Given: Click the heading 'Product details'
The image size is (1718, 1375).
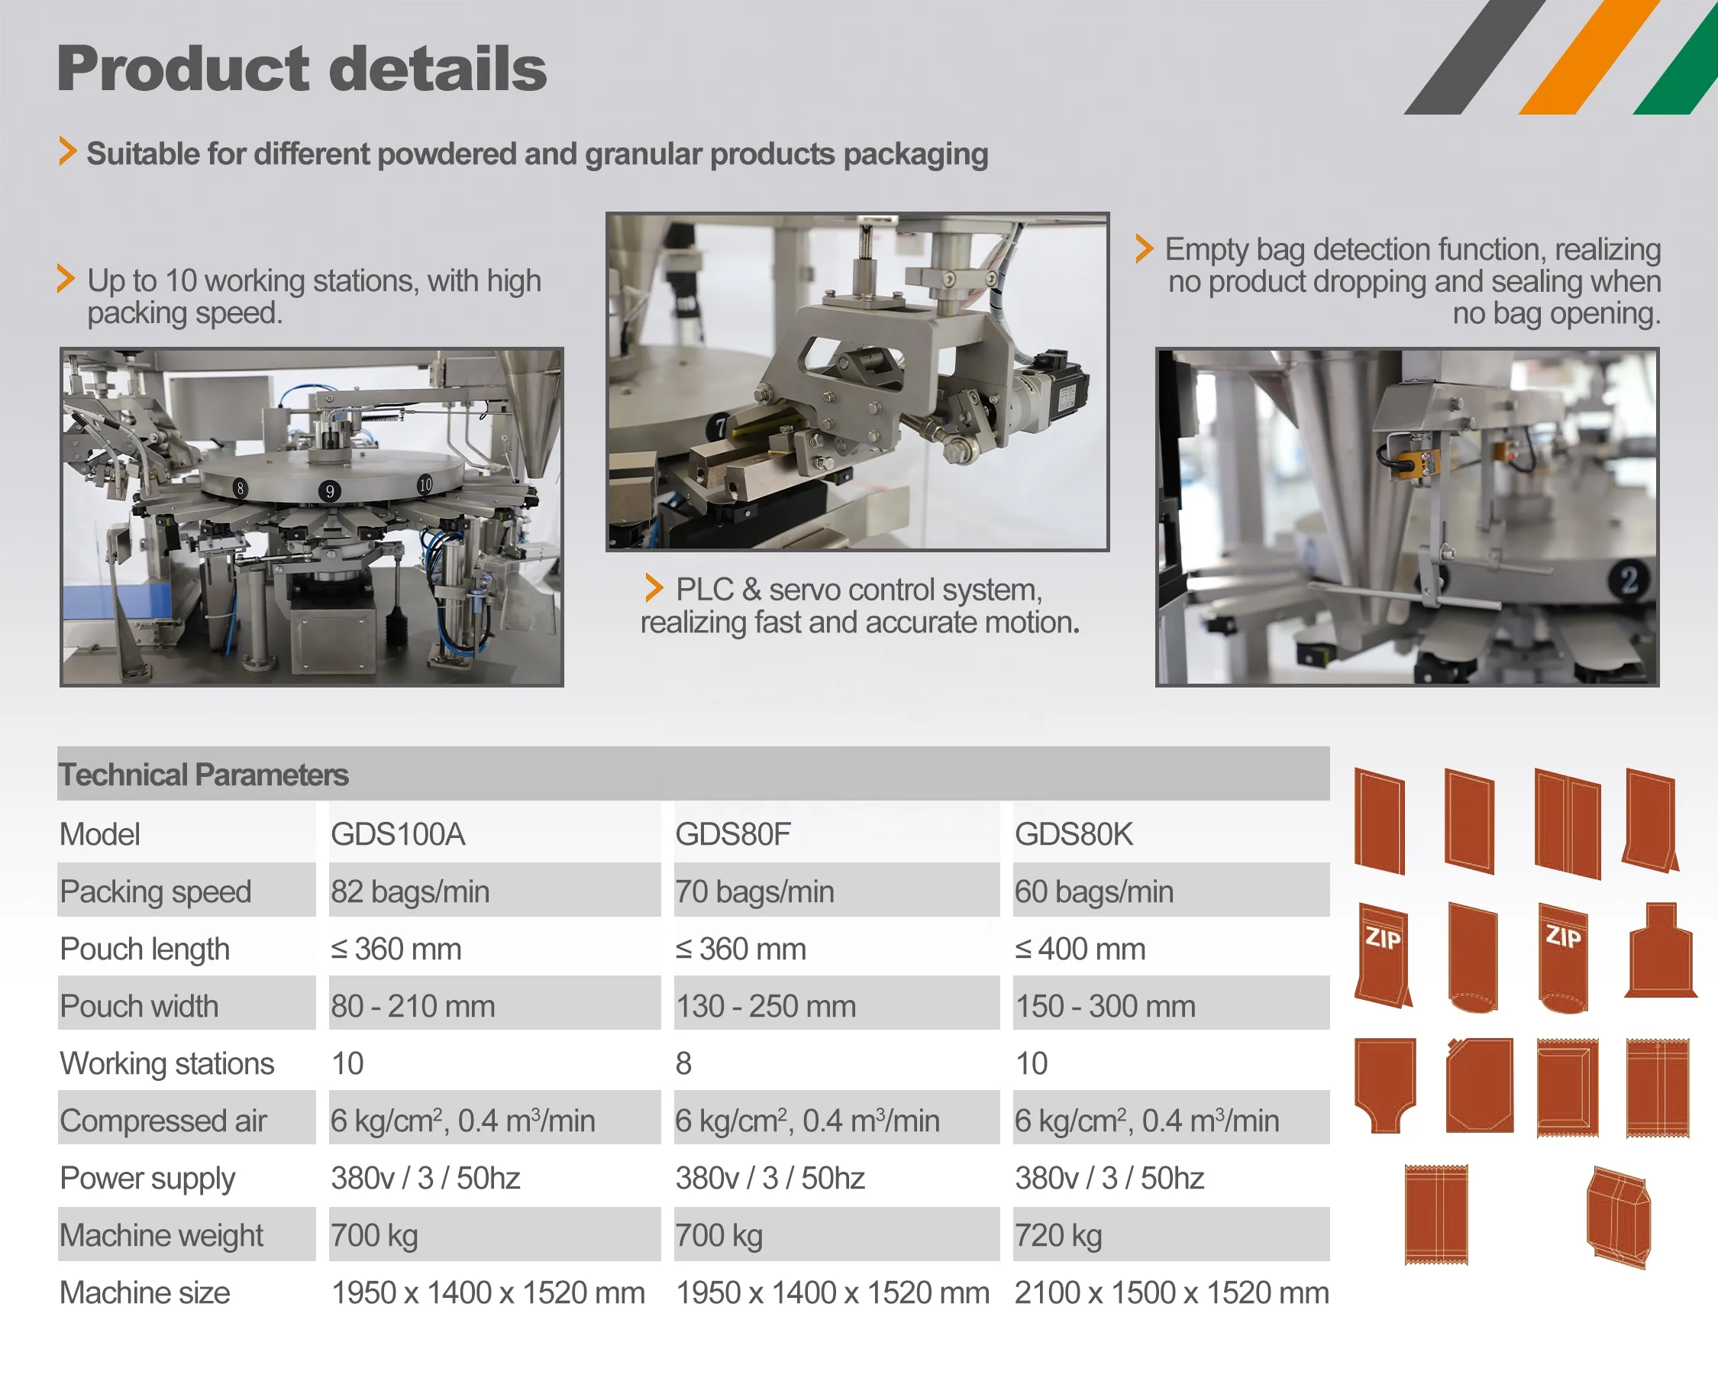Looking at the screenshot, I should pyautogui.click(x=301, y=70).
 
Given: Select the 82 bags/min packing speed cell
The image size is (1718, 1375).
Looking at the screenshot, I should pyautogui.click(x=409, y=891).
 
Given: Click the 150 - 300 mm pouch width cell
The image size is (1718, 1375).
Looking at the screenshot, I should pyautogui.click(x=1104, y=1006).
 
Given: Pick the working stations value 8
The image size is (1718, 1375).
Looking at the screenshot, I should pyautogui.click(x=683, y=1063).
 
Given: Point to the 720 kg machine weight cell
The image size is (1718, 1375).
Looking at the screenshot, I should pyautogui.click(x=1058, y=1235).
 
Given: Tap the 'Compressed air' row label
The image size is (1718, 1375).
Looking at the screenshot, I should pyautogui.click(x=163, y=1121).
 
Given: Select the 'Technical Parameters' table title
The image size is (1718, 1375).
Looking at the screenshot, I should pyautogui.click(x=203, y=775).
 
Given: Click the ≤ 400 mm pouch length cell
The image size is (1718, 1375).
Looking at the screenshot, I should pyautogui.click(x=1080, y=949).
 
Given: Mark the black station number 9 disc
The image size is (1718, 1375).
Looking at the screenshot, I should pyautogui.click(x=329, y=491).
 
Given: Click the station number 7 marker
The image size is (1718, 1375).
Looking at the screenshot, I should pyautogui.click(x=719, y=427).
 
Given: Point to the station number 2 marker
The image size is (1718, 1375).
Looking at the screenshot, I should pyautogui.click(x=1628, y=580).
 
